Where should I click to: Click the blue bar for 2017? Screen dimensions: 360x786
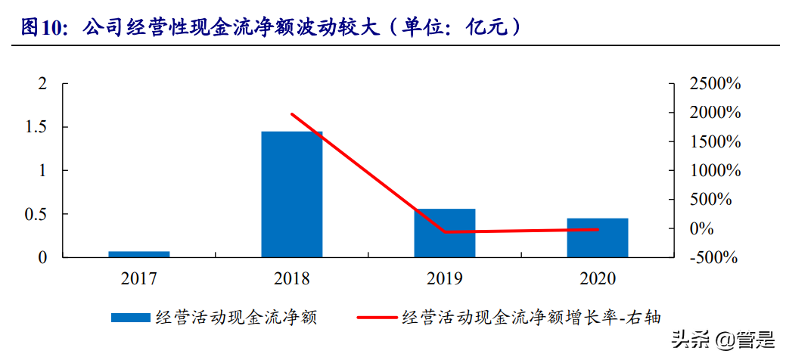point(139,254)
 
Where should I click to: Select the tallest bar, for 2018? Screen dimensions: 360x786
point(292,194)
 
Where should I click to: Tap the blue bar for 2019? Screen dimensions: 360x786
point(445,233)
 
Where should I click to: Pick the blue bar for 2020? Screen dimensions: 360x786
point(598,237)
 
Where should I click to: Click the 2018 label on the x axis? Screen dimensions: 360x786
point(292,279)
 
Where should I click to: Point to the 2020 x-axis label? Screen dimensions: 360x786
point(598,279)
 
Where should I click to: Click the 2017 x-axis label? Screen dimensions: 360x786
point(139,279)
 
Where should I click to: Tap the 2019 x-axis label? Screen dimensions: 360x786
point(445,279)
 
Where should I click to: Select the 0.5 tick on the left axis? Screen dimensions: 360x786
point(36,215)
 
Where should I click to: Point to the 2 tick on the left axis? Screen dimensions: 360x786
point(43,84)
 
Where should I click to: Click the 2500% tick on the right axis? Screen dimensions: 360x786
point(714,84)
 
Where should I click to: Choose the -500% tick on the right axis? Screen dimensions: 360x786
point(713,258)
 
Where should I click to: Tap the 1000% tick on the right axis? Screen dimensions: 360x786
point(714,171)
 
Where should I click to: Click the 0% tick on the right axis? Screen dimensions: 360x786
point(701,228)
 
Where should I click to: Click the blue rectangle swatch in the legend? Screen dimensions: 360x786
point(130,318)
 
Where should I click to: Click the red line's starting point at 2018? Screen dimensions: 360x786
point(292,114)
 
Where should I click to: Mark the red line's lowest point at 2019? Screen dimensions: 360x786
point(445,232)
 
